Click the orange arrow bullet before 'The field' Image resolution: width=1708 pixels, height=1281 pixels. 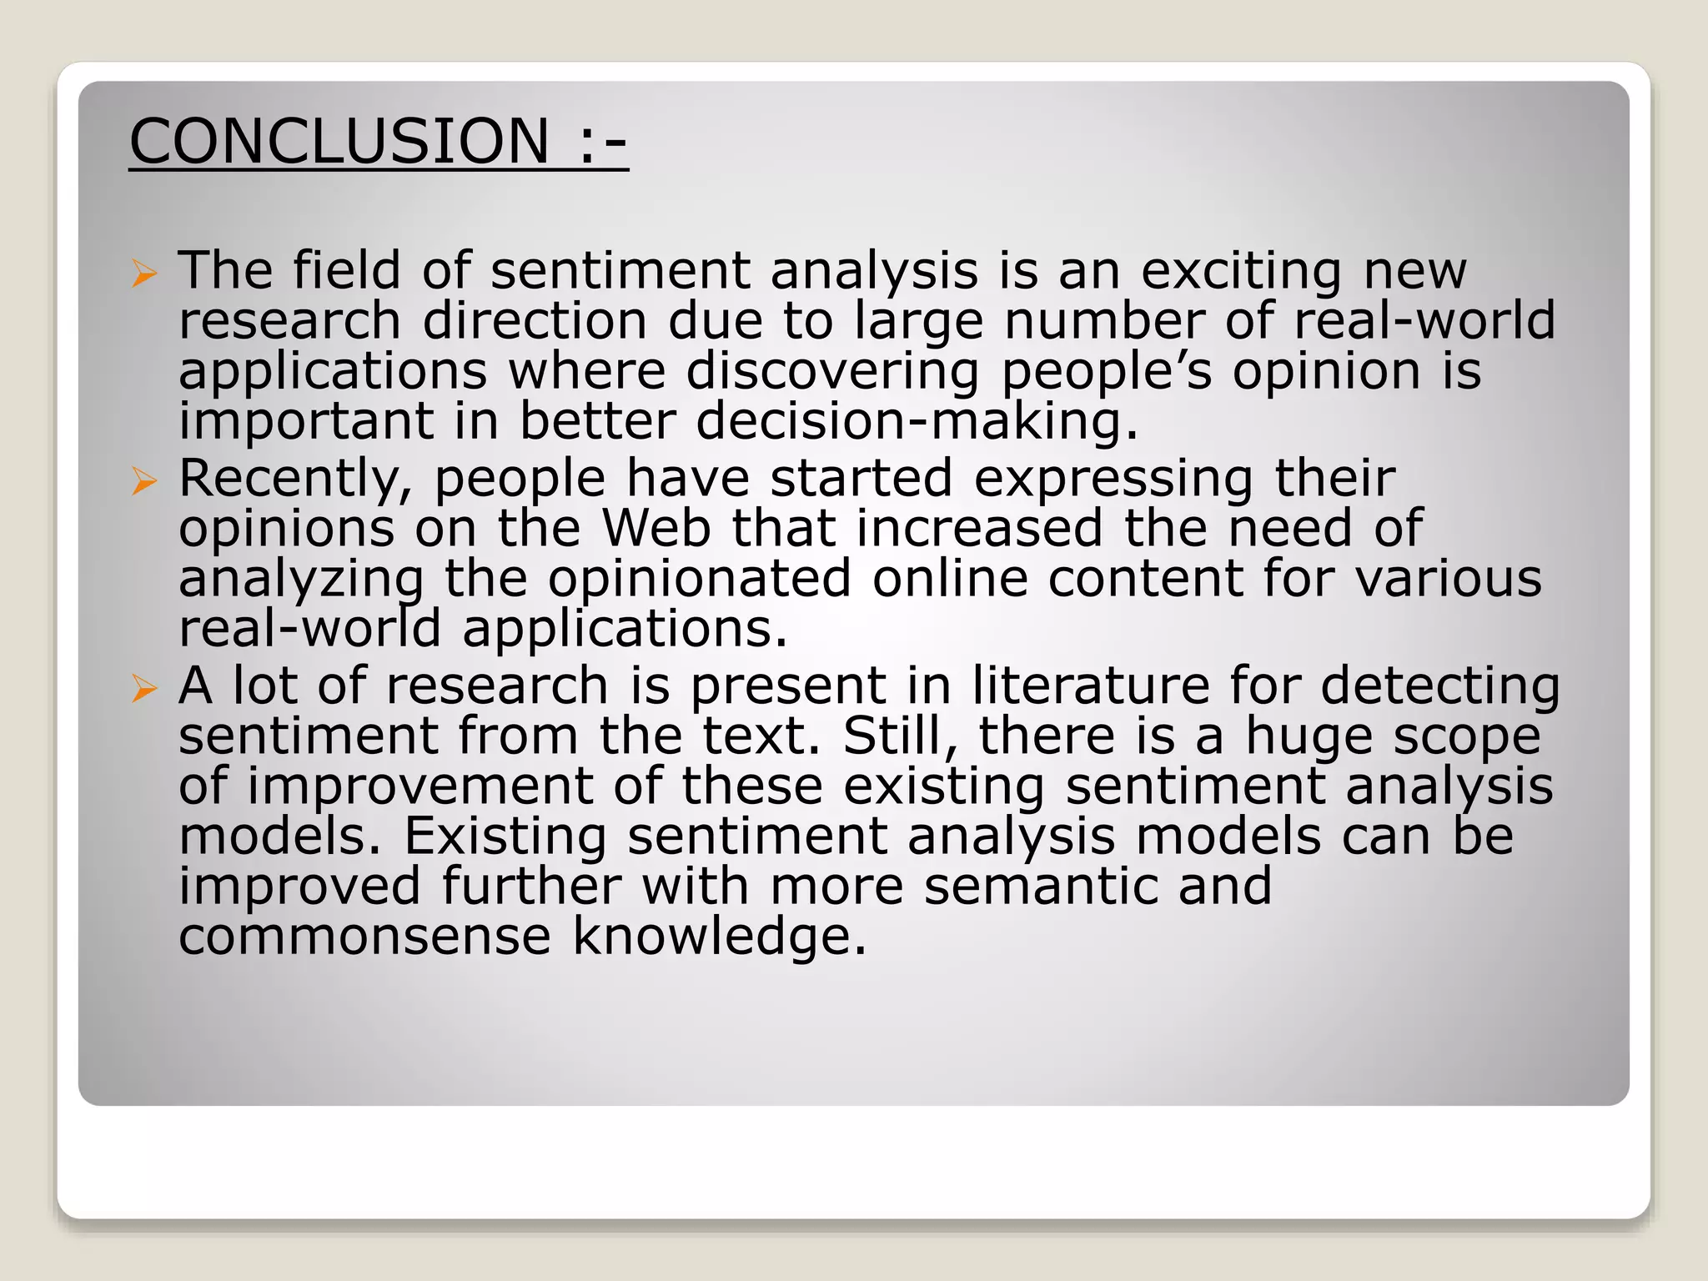click(143, 273)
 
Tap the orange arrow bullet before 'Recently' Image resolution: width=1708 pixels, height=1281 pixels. click(143, 480)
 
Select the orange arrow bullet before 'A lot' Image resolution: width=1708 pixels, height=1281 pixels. click(143, 688)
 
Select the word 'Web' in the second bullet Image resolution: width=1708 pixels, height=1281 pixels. click(656, 528)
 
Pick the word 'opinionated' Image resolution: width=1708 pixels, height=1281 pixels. click(699, 578)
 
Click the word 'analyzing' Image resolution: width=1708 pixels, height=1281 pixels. click(301, 580)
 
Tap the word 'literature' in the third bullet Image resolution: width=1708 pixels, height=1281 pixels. click(1091, 686)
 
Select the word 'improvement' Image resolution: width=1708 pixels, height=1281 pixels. click(419, 787)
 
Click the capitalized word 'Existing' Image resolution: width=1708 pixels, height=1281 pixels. click(505, 836)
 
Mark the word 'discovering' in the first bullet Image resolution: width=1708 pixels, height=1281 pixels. click(831, 371)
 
